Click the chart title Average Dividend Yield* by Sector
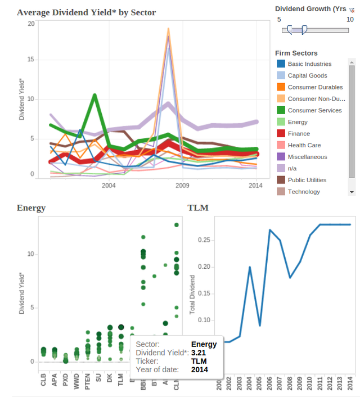pyautogui.click(x=86, y=12)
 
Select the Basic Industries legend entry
pyautogui.click(x=309, y=64)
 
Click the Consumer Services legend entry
pyautogui.click(x=314, y=111)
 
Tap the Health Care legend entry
pyautogui.click(x=304, y=146)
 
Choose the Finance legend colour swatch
pyautogui.click(x=281, y=134)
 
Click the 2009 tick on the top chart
pyautogui.click(x=182, y=185)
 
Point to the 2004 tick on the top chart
pyautogui.click(x=109, y=185)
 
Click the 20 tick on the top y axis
pyautogui.click(x=31, y=24)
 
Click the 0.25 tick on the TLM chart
pyautogui.click(x=205, y=240)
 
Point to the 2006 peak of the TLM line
pyautogui.click(x=270, y=229)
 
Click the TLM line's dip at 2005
pyautogui.click(x=260, y=326)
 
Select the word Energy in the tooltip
pyautogui.click(x=204, y=344)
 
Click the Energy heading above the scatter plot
pyautogui.click(x=31, y=208)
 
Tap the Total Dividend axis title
pyautogui.click(x=192, y=294)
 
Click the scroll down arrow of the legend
pyautogui.click(x=352, y=192)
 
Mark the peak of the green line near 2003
pyautogui.click(x=94, y=95)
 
